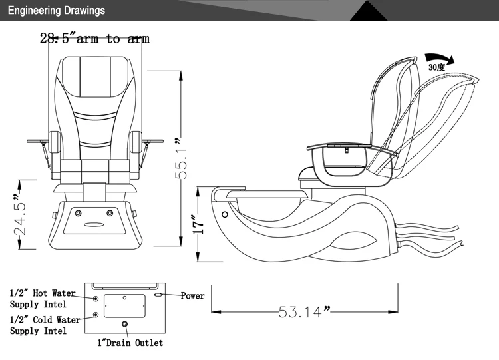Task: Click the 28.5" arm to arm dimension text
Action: point(94,39)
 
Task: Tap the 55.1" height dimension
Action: point(180,158)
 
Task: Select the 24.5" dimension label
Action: point(20,215)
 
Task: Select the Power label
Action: point(192,296)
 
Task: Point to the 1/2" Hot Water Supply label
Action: point(42,299)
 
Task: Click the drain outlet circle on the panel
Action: point(124,325)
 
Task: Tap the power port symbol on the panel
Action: point(158,295)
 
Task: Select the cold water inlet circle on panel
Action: point(97,314)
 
